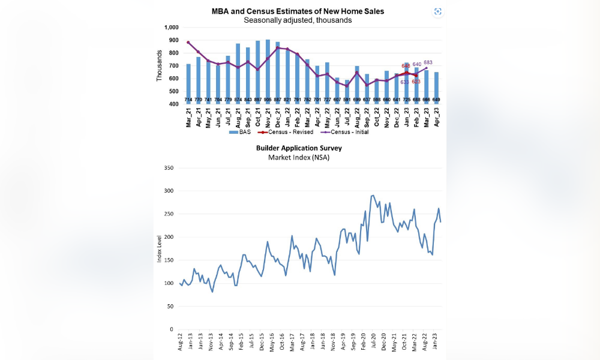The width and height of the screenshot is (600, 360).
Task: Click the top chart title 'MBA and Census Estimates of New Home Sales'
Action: [298, 11]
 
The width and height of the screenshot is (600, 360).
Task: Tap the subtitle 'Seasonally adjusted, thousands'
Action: [298, 20]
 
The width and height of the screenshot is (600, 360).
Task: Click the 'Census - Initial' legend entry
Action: [344, 132]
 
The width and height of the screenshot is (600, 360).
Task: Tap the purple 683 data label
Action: [428, 62]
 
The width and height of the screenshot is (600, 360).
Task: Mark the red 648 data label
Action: [406, 66]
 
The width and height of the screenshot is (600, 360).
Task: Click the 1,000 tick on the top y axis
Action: [171, 28]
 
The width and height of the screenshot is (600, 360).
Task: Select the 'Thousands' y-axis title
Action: [160, 65]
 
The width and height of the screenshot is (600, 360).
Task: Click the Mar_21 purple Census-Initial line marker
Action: [188, 43]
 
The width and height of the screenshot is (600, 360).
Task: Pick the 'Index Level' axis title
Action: [160, 249]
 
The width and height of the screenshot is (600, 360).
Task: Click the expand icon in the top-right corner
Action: [437, 11]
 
